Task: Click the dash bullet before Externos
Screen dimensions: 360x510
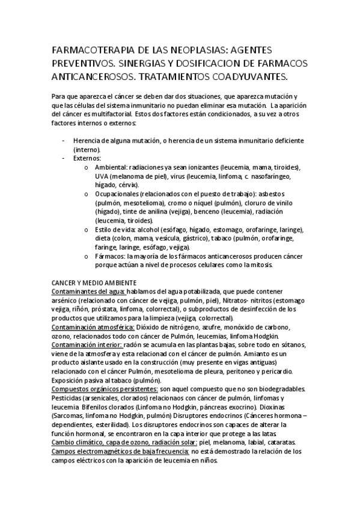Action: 64,158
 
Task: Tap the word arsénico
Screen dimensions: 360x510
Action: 66,301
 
